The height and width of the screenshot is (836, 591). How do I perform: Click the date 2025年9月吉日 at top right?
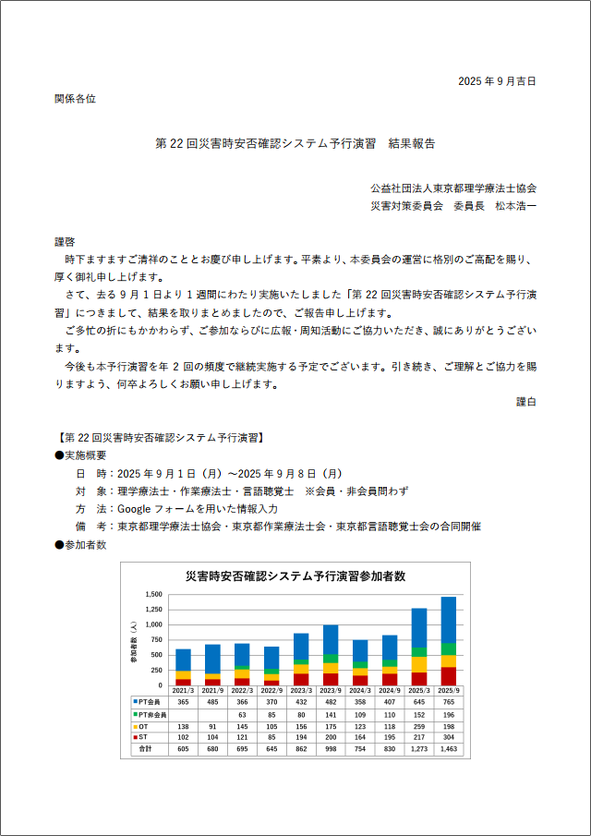[x=497, y=81]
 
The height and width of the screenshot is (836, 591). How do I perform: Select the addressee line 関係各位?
[x=75, y=98]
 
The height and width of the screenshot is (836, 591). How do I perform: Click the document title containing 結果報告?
[x=295, y=144]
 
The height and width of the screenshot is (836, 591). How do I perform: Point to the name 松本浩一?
[x=515, y=205]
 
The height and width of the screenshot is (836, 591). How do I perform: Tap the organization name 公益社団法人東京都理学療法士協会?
[x=453, y=188]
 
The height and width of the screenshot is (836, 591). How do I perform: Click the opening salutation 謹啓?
[x=65, y=241]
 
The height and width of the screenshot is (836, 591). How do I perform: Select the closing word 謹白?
[x=526, y=402]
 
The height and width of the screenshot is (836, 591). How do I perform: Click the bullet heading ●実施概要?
[x=81, y=454]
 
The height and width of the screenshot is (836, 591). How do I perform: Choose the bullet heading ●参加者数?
[x=81, y=545]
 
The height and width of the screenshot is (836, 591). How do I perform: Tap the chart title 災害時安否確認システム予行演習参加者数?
[x=295, y=576]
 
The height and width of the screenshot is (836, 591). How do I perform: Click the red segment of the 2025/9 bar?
[x=449, y=676]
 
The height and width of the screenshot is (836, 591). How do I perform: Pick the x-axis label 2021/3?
[x=183, y=691]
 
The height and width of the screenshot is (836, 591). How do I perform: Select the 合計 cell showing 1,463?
[x=449, y=750]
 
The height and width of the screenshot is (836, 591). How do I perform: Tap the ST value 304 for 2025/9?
[x=449, y=738]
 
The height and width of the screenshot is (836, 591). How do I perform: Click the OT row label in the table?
[x=144, y=727]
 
